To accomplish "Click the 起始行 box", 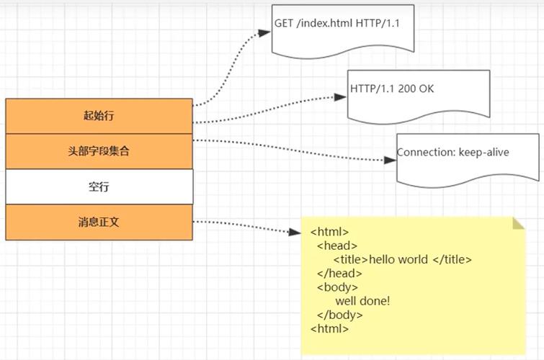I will [x=99, y=116].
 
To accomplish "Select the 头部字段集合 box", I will [x=99, y=151].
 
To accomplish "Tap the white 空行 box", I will [x=99, y=186].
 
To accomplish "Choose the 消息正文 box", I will [x=99, y=222].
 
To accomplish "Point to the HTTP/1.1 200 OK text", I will [x=393, y=89].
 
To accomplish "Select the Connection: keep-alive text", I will [x=452, y=153].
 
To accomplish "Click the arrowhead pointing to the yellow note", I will [x=294, y=233].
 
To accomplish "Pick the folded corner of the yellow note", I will [x=518, y=222].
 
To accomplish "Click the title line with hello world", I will [x=402, y=260].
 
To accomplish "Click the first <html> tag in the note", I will [x=329, y=233].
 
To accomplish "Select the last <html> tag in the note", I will [x=329, y=328].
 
